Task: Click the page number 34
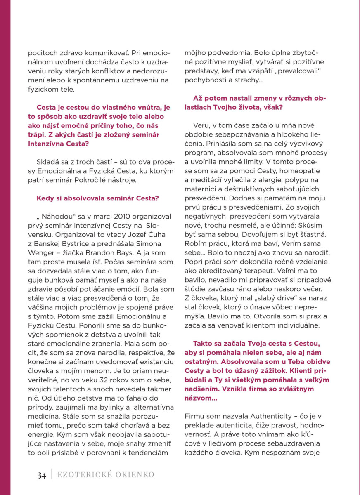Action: pyautogui.click(x=42, y=475)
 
